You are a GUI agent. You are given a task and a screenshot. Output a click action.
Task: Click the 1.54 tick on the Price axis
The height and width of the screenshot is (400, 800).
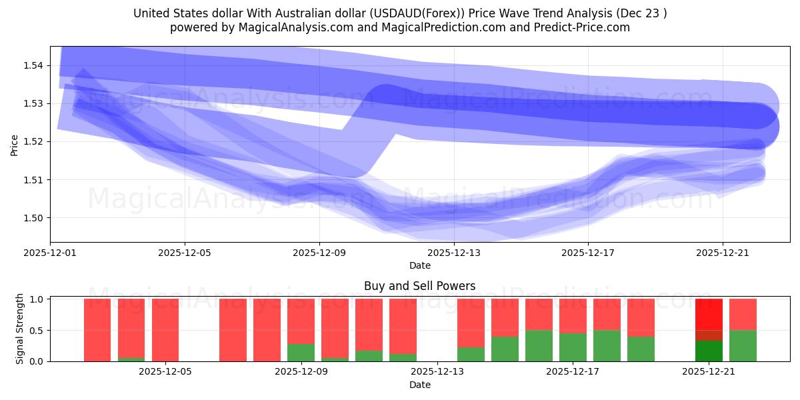[34, 65]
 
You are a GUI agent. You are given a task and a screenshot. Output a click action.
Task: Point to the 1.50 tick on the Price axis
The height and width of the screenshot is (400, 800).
[34, 218]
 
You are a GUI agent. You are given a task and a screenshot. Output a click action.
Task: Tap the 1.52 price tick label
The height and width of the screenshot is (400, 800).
[34, 141]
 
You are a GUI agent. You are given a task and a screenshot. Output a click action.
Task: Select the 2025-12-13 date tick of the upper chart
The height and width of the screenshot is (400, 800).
[453, 253]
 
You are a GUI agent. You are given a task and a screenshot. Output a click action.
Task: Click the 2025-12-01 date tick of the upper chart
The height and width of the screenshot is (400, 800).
[50, 253]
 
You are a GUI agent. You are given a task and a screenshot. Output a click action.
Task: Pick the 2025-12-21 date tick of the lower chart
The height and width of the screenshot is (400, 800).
[707, 372]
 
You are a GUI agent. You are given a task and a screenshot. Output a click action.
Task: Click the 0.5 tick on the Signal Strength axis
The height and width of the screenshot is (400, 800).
[37, 331]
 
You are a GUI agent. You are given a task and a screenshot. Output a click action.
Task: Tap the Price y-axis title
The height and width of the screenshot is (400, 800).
[15, 145]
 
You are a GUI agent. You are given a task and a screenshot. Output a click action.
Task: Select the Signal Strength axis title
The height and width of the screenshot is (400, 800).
[20, 329]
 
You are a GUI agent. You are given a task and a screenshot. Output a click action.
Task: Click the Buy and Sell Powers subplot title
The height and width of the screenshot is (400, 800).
[420, 286]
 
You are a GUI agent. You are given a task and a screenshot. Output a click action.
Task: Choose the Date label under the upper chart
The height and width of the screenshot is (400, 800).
[420, 265]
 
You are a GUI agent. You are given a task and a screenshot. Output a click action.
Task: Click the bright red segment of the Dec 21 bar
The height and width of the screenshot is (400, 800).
[709, 314]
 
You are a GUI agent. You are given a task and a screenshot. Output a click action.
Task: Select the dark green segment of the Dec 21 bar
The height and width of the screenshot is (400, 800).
[709, 351]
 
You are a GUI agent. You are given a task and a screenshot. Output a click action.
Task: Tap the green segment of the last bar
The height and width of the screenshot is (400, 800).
[743, 345]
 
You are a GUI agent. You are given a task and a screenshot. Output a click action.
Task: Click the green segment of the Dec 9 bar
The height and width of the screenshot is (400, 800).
[301, 352]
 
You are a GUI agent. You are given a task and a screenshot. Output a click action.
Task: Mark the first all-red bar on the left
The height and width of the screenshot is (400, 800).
[97, 330]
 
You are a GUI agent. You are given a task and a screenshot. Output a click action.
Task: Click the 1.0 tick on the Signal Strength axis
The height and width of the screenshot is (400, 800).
[37, 299]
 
